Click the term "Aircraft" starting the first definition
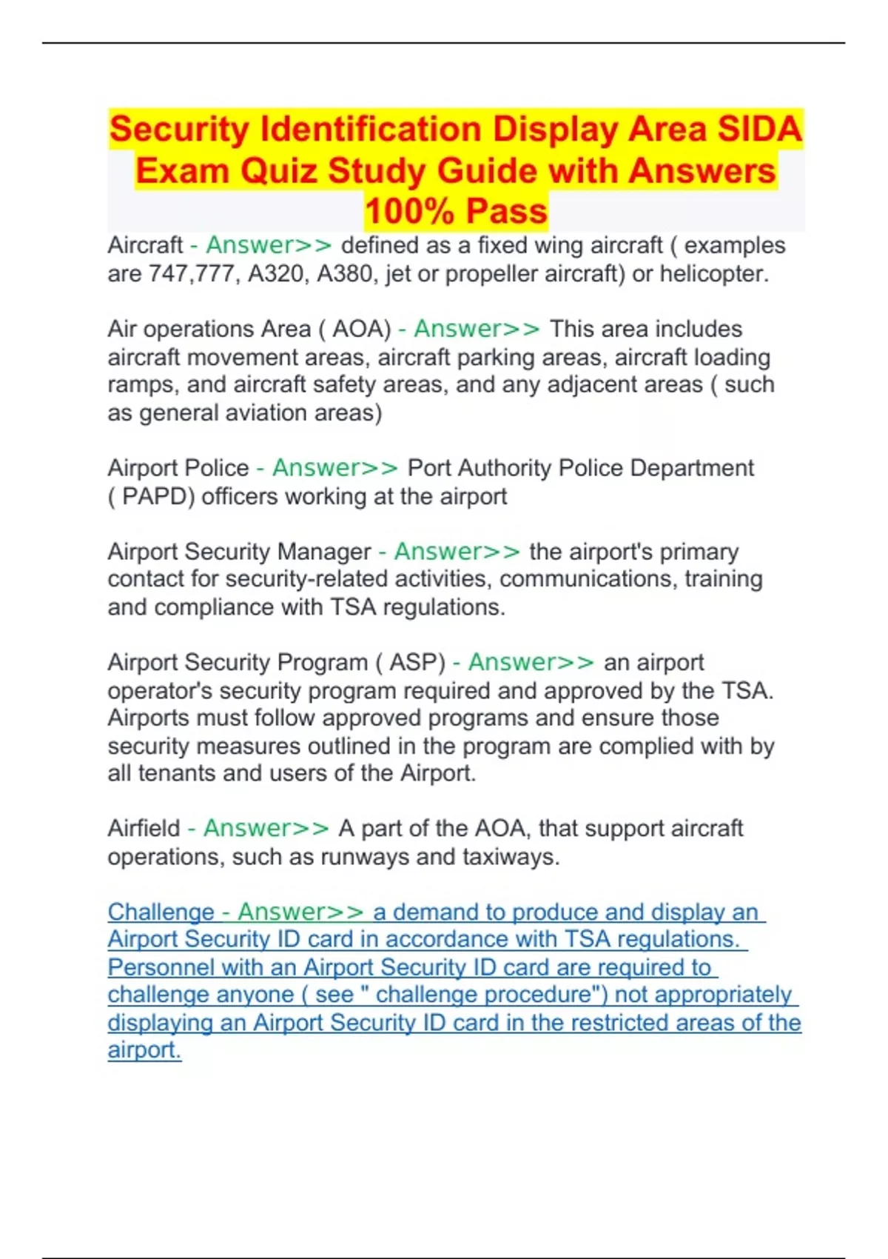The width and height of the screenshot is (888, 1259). point(145,245)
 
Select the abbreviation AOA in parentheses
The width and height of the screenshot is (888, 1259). point(361,329)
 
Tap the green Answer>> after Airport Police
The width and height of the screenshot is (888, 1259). point(335,468)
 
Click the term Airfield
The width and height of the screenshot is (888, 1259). point(144,828)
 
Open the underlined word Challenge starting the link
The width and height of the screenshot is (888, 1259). point(161,912)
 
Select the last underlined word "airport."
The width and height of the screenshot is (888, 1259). point(144,1050)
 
